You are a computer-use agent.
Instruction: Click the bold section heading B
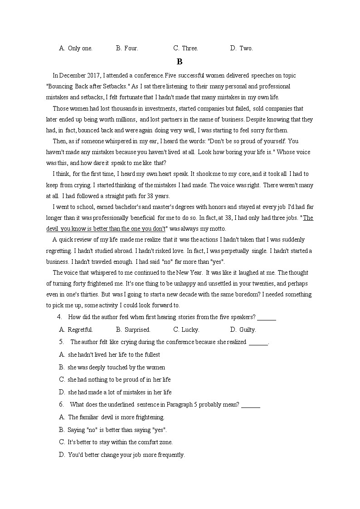tap(180, 62)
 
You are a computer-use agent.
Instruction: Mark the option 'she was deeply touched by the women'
tap(116, 367)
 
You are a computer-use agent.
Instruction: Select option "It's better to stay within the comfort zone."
tap(120, 442)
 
